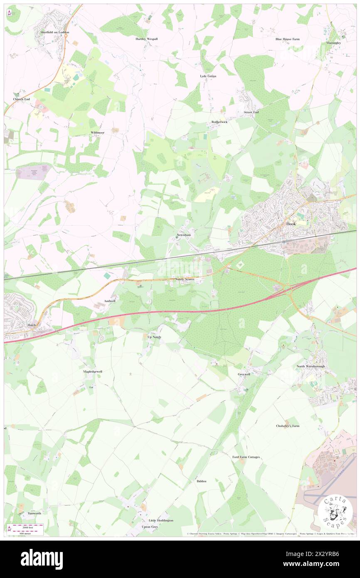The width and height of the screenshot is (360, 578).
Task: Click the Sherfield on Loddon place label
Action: [x=55, y=32]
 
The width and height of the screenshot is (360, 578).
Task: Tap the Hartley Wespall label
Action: [x=146, y=39]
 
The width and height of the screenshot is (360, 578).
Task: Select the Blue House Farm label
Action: [x=287, y=39]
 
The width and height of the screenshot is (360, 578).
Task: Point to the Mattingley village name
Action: [x=334, y=43]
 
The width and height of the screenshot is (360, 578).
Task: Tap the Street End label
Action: [x=251, y=112]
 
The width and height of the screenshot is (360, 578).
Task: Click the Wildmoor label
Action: [x=97, y=132]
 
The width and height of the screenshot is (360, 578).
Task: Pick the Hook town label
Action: [x=291, y=224]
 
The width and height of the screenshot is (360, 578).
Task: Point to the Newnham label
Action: [x=183, y=235]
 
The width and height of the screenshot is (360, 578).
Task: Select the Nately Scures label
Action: [x=185, y=279]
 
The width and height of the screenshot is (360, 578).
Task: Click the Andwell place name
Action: [x=110, y=300]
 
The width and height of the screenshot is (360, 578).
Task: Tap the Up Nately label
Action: [x=154, y=336]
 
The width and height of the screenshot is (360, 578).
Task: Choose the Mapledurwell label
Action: [x=93, y=371]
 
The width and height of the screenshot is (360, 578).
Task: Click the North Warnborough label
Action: [x=310, y=366]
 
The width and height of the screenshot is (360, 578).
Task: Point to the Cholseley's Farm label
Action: [x=288, y=426]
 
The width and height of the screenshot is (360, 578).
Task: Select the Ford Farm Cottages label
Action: [x=246, y=457]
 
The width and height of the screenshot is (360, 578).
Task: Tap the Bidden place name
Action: [x=201, y=481]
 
